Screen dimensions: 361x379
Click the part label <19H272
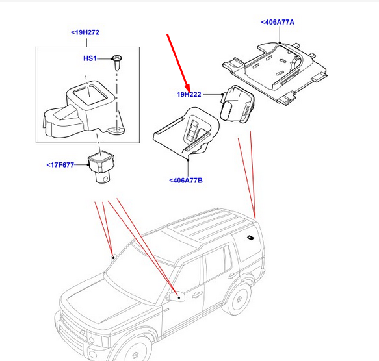point(85,32)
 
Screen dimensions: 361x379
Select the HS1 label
point(90,59)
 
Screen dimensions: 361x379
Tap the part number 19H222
point(189,95)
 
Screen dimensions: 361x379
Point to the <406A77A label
point(278,22)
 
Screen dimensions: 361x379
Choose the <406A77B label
point(185,180)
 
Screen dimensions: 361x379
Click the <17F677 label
point(62,165)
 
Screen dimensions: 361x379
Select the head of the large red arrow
point(187,86)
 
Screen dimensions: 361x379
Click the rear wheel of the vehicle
point(239,298)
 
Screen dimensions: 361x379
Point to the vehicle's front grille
point(72,330)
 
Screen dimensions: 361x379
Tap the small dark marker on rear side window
point(250,238)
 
